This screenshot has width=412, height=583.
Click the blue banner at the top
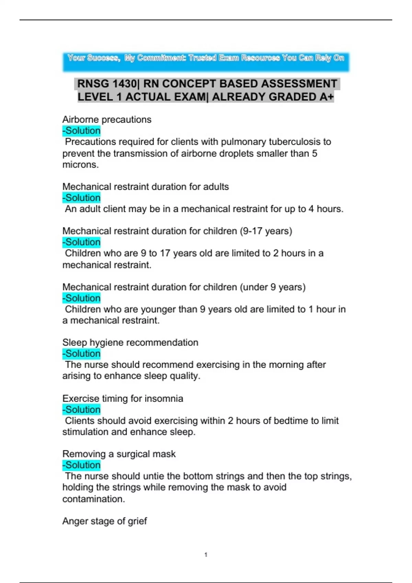tap(206, 62)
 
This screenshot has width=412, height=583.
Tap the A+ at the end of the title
tap(326, 97)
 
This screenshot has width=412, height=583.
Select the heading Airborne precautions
tap(107, 119)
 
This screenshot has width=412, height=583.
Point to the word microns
tap(80, 165)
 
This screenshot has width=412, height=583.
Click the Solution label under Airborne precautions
tap(82, 131)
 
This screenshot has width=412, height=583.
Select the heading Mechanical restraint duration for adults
tap(146, 187)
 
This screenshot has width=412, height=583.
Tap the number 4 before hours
tap(311, 209)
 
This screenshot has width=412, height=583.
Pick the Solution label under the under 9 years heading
tap(82, 298)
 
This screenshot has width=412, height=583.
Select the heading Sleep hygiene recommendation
tap(130, 342)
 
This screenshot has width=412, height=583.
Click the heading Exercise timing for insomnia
tap(123, 398)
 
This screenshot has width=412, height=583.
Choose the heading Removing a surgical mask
tap(119, 454)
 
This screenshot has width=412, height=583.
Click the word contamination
tap(93, 499)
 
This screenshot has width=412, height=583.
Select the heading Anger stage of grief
tap(104, 521)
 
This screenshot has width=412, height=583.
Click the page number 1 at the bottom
tap(206, 555)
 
